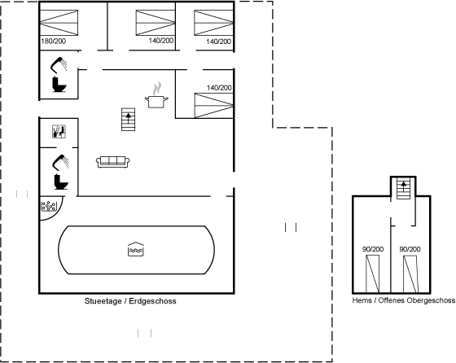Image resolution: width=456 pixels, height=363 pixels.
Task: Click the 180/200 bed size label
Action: pos(54,42)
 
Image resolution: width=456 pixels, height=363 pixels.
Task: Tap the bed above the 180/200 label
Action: pos(59,23)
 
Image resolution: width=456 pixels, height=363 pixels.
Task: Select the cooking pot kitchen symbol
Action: pos(156,95)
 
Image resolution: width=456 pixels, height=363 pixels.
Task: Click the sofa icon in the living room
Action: pos(113,162)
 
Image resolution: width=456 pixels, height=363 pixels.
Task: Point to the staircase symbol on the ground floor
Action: pos(129,120)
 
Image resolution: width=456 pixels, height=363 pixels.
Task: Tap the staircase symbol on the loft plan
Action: pos(404,188)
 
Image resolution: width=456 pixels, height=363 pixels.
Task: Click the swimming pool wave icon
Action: pos(136,249)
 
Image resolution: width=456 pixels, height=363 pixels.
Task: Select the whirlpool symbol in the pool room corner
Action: pos(49,206)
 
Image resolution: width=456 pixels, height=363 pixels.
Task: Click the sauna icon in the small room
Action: pos(59,131)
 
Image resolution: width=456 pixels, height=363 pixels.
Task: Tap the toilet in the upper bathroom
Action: pos(59,85)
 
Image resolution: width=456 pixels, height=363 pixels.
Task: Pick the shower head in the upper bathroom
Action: pos(59,64)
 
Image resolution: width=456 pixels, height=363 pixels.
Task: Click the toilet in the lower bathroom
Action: pos(61,181)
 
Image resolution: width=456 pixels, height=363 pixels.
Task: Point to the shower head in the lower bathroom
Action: pos(60,162)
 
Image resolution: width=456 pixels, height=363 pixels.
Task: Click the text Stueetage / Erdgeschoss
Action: pos(130,301)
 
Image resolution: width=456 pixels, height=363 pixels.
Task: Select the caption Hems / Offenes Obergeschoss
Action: pos(404,300)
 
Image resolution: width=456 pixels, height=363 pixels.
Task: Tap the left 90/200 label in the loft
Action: pos(373,249)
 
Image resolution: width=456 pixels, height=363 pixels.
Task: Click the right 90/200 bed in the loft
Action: pos(410,274)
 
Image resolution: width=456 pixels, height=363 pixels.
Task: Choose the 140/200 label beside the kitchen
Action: pos(219,87)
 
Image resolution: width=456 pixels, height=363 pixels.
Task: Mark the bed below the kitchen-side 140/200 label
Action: pos(213,106)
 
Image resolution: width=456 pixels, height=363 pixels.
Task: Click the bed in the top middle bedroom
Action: pos(156,23)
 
